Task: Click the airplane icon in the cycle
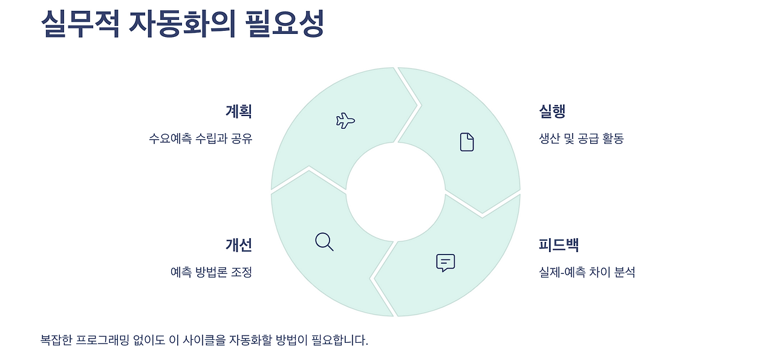[x=345, y=120]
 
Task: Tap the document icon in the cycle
[x=467, y=141]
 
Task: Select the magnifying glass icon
[x=324, y=241]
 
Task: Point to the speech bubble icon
[x=445, y=262]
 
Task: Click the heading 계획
[x=238, y=111]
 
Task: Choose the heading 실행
[x=552, y=111]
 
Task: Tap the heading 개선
[x=238, y=245]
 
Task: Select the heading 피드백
[x=559, y=245]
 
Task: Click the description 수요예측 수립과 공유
[x=200, y=138]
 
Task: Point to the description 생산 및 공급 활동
[x=581, y=138]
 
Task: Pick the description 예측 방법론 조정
[x=211, y=272]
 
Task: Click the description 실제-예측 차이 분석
[x=587, y=272]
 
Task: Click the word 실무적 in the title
[x=80, y=24]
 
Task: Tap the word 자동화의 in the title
[x=182, y=24]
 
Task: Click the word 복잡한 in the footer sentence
[x=56, y=340]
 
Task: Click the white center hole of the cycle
[x=395, y=192]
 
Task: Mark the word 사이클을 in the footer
[x=205, y=340]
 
